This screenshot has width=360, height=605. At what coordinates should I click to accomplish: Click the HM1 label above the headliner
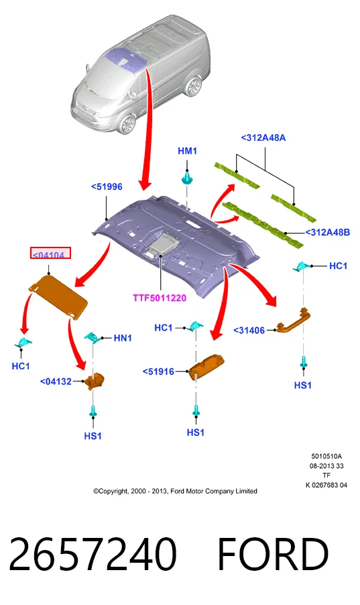click(x=187, y=151)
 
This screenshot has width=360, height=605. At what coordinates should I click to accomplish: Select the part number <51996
click(x=107, y=186)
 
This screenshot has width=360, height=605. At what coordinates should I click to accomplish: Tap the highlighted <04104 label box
click(x=50, y=253)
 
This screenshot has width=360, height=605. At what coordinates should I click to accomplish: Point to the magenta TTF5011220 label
click(x=160, y=298)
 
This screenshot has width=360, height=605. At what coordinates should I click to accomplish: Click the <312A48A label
click(x=263, y=137)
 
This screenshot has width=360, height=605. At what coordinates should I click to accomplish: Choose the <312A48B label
click(x=328, y=232)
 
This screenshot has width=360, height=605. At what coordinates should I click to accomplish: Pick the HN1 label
click(x=123, y=338)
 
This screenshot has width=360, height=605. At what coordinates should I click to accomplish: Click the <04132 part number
click(x=56, y=382)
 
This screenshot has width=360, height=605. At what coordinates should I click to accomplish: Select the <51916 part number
click(x=159, y=372)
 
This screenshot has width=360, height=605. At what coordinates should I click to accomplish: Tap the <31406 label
click(x=249, y=330)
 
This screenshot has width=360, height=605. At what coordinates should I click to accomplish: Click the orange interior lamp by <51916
click(x=206, y=368)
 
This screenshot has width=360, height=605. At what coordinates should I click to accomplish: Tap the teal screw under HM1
click(x=187, y=178)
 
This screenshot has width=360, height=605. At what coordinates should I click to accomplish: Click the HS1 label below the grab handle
click(x=303, y=385)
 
